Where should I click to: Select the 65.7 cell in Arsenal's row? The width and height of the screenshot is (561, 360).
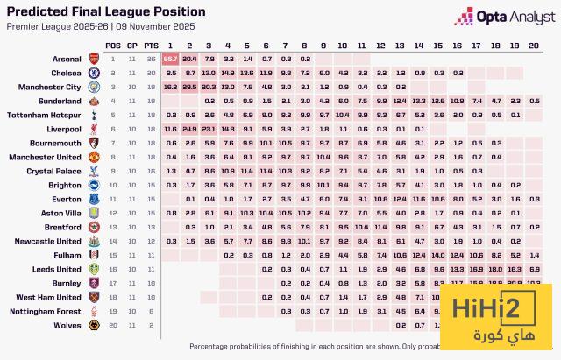[170, 59]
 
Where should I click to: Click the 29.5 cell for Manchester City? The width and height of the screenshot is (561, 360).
[188, 87]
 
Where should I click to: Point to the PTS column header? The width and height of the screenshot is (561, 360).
[151, 45]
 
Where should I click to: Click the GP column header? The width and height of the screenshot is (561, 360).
[131, 45]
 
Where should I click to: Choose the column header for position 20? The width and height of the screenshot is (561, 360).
[536, 45]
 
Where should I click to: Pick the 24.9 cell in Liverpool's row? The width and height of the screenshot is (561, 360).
[188, 128]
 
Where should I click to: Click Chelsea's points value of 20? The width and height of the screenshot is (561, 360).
[151, 73]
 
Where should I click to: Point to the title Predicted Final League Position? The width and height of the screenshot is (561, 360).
[106, 12]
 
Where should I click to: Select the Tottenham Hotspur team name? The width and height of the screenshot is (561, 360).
[52, 115]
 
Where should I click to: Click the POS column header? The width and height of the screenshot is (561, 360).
[113, 45]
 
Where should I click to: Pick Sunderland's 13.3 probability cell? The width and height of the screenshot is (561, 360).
[420, 101]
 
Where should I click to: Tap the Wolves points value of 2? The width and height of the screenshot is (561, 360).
[151, 324]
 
